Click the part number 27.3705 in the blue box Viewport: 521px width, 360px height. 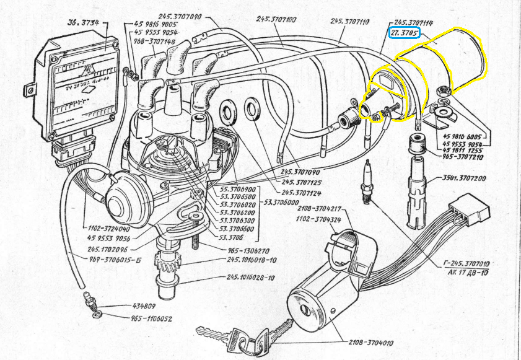(404, 32)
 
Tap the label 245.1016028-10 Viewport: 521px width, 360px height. (252, 277)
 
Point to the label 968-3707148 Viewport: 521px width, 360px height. (153, 42)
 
